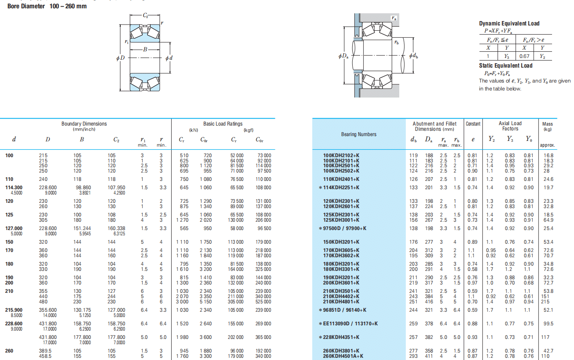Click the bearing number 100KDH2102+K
(x=341, y=155)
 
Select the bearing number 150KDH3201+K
(x=341, y=242)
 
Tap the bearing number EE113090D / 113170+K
(x=350, y=324)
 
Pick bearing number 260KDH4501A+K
(x=343, y=356)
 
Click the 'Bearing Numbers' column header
(x=358, y=134)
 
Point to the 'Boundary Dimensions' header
(x=84, y=124)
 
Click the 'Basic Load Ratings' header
(x=223, y=124)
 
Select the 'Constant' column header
(x=473, y=124)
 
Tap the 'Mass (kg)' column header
(x=547, y=126)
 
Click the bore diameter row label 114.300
(x=14, y=187)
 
